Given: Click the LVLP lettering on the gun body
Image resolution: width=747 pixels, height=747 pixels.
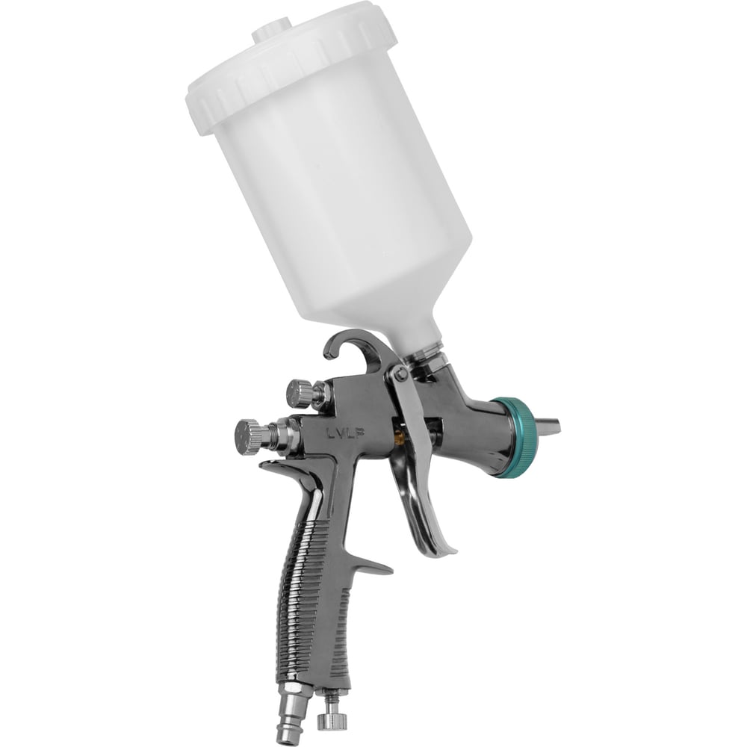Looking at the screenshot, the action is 346,433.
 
